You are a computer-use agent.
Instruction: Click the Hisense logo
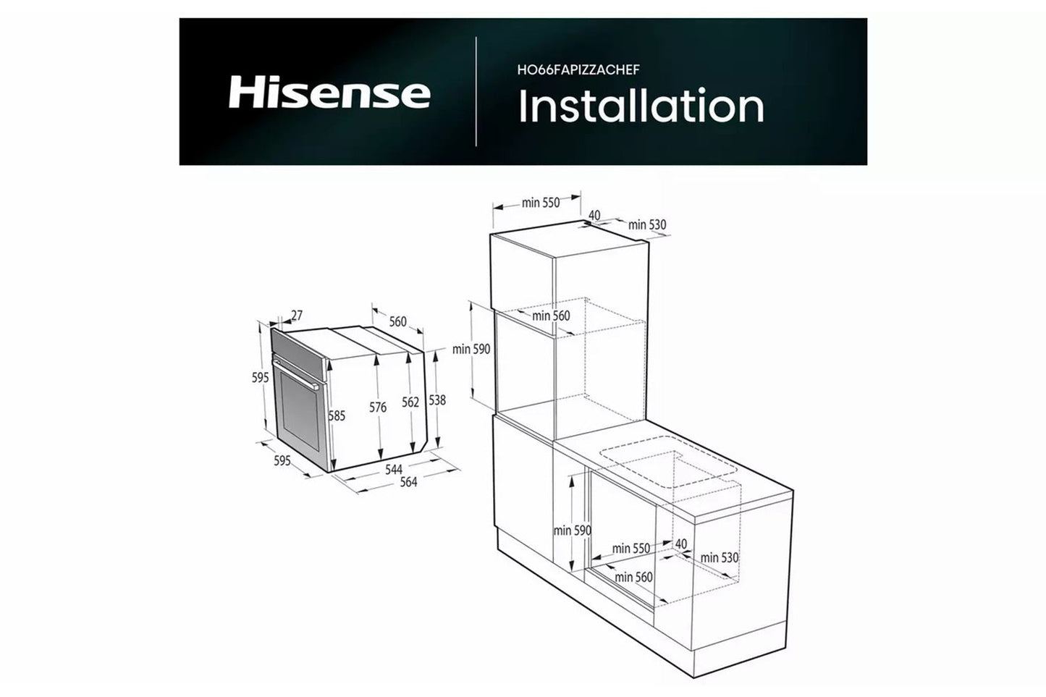329,93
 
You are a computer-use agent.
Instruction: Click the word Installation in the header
641,106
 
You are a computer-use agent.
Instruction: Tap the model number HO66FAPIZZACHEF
578,69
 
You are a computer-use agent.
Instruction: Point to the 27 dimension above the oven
296,316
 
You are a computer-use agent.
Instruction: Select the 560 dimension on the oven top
397,321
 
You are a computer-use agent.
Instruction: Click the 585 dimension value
336,415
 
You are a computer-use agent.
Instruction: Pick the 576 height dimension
378,407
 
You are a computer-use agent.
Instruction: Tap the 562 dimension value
410,402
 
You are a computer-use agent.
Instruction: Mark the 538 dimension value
436,400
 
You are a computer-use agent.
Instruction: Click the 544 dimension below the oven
393,470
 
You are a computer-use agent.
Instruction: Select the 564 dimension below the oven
409,481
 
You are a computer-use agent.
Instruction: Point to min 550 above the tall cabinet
541,203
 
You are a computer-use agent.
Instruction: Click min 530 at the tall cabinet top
647,225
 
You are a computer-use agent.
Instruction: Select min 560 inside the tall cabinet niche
551,316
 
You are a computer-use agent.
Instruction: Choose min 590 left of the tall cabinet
471,349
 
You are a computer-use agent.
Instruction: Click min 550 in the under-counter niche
630,548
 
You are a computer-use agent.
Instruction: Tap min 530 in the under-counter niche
719,557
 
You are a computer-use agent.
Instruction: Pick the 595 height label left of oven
261,377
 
